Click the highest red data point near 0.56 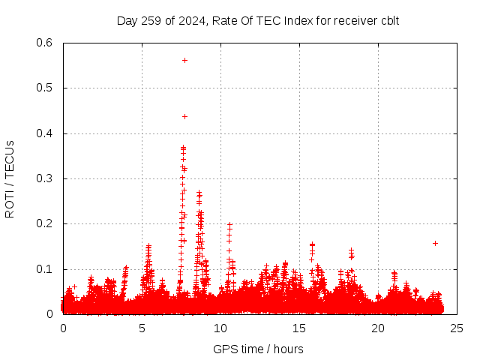click(184, 60)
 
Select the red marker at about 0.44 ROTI click(184, 116)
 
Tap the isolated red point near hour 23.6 click(435, 243)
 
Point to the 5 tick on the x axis click(142, 328)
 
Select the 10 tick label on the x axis click(220, 328)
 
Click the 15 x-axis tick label click(299, 328)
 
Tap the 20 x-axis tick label click(378, 328)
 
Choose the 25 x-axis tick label click(457, 328)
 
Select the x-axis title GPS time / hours click(259, 349)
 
